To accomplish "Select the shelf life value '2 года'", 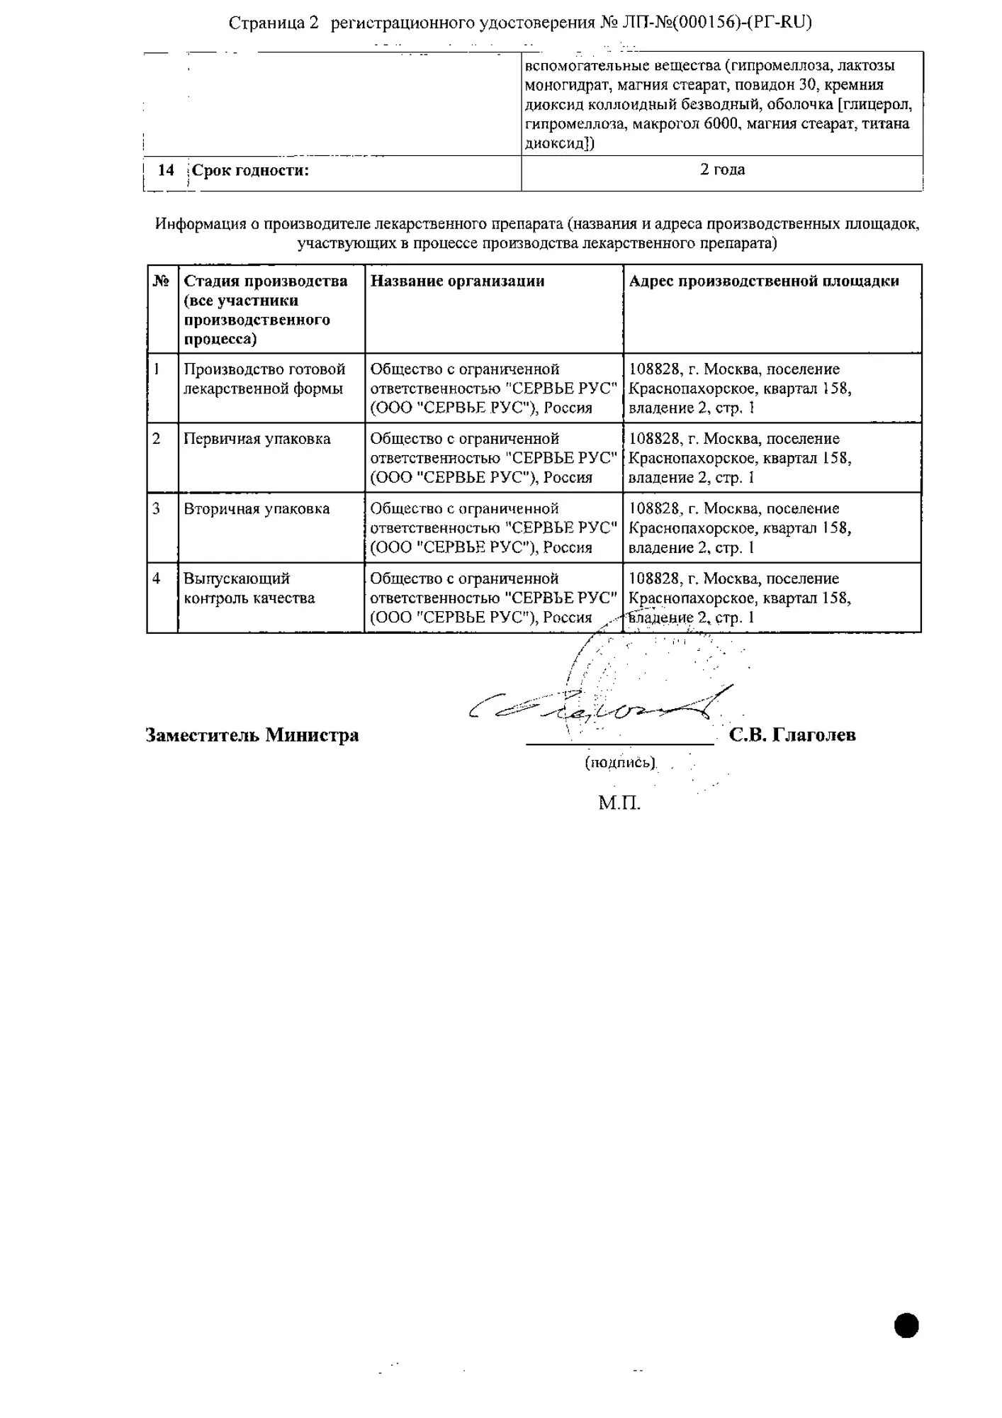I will (x=722, y=170).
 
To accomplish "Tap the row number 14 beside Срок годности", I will (x=166, y=171).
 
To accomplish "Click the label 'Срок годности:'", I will (x=251, y=171).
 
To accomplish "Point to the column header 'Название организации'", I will (x=457, y=281).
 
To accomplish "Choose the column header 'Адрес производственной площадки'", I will (x=764, y=281).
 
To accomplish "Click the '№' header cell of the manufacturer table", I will (x=162, y=281).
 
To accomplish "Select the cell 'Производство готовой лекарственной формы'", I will (x=264, y=379).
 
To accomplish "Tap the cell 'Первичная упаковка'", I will (x=257, y=439).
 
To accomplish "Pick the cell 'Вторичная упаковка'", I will (x=257, y=509).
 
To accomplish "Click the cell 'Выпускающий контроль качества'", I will (x=249, y=588).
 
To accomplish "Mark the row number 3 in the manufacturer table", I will (x=157, y=509).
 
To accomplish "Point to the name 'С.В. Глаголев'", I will (x=792, y=735).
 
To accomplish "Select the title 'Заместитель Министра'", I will (x=252, y=735).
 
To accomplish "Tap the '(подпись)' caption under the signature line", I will (x=619, y=763).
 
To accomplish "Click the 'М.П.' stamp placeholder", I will (x=619, y=803).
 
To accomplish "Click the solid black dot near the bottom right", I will (x=906, y=1325).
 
